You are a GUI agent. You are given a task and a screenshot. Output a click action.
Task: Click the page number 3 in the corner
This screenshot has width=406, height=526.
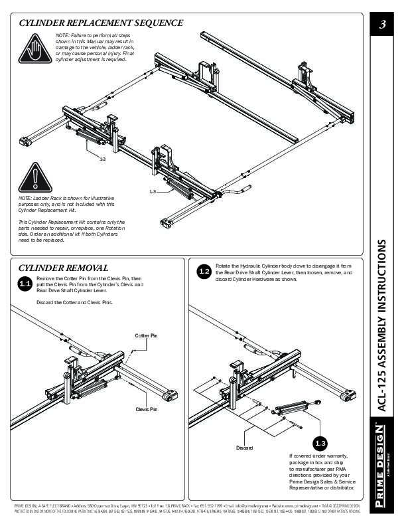(x=383, y=26)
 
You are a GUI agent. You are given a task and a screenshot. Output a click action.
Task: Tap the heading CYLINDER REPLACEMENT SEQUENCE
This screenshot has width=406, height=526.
(x=101, y=23)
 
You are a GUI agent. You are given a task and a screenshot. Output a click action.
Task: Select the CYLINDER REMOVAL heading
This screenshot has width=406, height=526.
(x=64, y=268)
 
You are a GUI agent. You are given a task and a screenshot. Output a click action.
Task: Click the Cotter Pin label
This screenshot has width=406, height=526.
(x=146, y=336)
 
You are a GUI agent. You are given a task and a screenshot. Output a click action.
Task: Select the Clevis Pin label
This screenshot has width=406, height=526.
(x=147, y=409)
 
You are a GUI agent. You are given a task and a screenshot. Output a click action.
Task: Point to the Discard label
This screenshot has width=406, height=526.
(x=245, y=448)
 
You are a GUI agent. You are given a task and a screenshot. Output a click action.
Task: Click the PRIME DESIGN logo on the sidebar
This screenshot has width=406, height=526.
(x=383, y=466)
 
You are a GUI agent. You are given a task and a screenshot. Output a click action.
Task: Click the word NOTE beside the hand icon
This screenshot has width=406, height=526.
(x=62, y=35)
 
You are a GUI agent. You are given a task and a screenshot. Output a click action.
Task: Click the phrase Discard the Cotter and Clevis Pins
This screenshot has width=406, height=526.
(x=74, y=302)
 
